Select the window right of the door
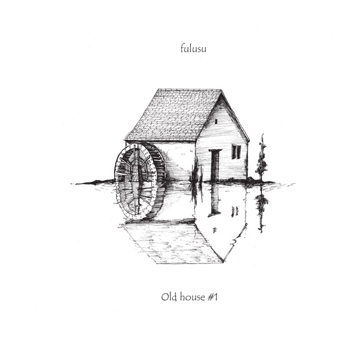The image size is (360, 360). (x=236, y=152)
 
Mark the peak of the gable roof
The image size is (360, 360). (x=221, y=91)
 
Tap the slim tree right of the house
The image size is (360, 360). (x=262, y=159)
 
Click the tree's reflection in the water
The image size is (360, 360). (x=262, y=207)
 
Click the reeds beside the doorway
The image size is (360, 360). (x=194, y=174)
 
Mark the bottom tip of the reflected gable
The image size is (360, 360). (x=223, y=262)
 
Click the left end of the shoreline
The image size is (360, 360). (x=75, y=182)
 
